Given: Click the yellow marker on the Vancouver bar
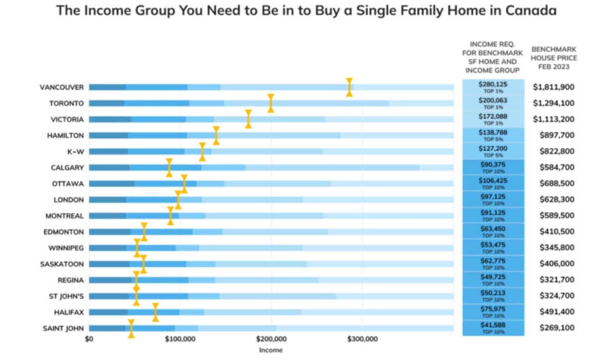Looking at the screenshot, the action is (x=349, y=87).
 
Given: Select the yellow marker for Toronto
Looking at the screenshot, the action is (x=271, y=103).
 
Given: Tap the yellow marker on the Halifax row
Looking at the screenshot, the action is (x=155, y=312).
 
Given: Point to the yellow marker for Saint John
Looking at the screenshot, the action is (x=131, y=328).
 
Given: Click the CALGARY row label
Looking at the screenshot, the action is (x=67, y=168).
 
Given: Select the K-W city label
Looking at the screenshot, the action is (x=75, y=152).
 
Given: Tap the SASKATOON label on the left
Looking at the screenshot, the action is (x=62, y=264).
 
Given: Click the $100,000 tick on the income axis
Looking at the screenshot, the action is (x=180, y=339).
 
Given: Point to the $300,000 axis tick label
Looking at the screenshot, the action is (x=362, y=339).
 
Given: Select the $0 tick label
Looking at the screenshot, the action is (x=89, y=339).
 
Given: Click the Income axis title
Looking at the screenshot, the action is (x=271, y=350).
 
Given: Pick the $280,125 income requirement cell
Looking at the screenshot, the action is (x=493, y=87).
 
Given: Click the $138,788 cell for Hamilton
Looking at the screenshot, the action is (x=493, y=135).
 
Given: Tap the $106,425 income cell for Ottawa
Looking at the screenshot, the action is (x=493, y=183).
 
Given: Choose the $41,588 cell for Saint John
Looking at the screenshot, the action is (x=493, y=328).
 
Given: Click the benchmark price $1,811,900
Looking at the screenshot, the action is (x=553, y=87).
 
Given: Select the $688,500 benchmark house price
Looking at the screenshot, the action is (x=557, y=183).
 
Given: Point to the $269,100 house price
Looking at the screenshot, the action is (x=557, y=328).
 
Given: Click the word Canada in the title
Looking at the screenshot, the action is (x=531, y=10).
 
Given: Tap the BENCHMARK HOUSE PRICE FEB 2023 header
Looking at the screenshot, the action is (x=554, y=58).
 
